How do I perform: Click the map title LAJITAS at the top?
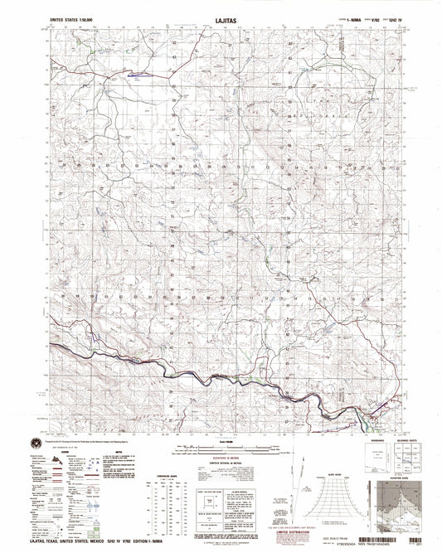[220, 15]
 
